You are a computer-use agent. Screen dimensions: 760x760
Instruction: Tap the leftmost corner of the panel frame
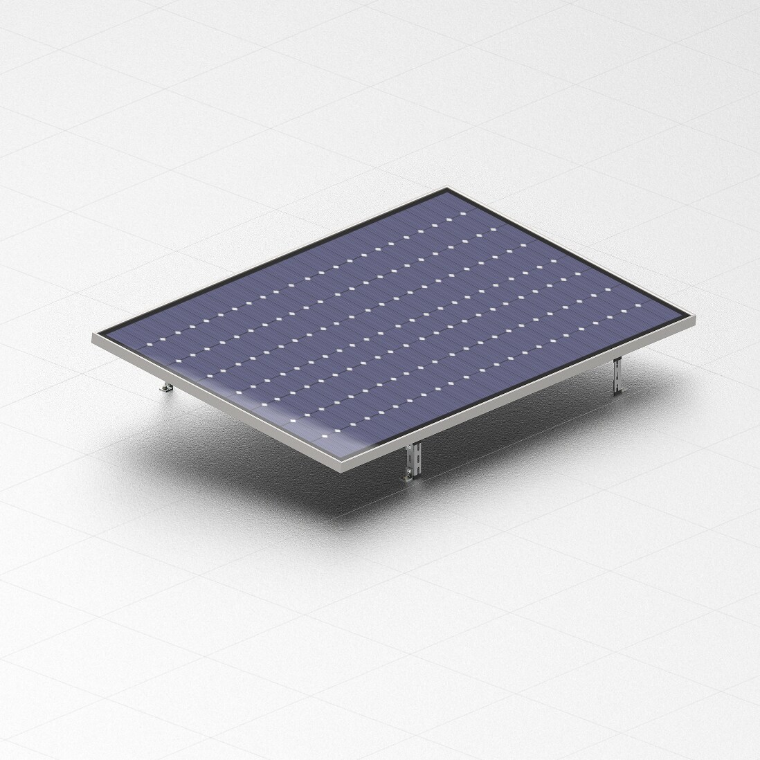tap(95, 338)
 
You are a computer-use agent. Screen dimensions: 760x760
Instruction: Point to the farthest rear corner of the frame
tap(448, 188)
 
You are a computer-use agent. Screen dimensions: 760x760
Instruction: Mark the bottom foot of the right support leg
tap(618, 392)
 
